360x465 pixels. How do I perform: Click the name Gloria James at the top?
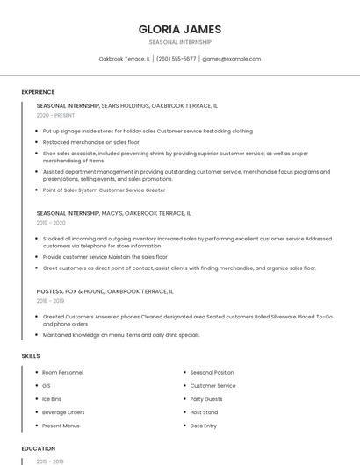[180, 29]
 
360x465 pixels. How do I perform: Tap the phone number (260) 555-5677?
[176, 59]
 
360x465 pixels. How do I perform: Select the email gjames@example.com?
[231, 59]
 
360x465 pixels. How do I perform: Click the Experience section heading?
[38, 92]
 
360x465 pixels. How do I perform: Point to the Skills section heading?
[30, 356]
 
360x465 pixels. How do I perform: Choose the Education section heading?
[38, 448]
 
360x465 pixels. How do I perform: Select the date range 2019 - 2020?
[51, 223]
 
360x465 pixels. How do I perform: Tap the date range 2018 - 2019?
[51, 300]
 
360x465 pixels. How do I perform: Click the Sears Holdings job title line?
[127, 105]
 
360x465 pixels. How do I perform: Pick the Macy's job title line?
[113, 213]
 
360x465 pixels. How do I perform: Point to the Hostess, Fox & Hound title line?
[104, 290]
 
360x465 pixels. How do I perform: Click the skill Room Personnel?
[62, 373]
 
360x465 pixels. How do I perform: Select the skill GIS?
[47, 386]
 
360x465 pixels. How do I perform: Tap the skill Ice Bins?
[53, 399]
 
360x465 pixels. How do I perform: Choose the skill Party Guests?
[206, 399]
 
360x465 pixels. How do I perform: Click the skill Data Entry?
[204, 426]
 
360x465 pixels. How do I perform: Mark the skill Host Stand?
[205, 412]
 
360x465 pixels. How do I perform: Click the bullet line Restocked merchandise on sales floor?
[91, 141]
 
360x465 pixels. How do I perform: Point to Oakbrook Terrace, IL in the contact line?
[124, 59]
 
